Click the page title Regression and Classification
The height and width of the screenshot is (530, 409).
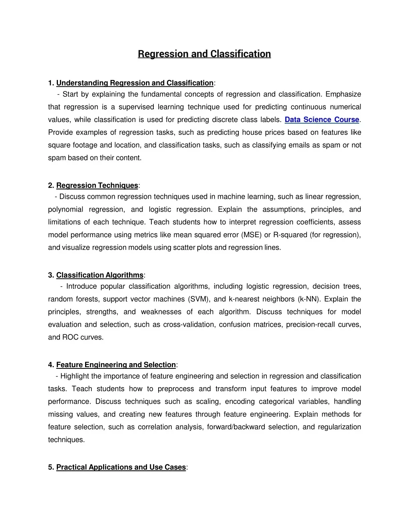[x=204, y=54]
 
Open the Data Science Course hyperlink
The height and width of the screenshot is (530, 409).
[x=322, y=120]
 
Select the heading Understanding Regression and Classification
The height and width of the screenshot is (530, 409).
[x=135, y=83]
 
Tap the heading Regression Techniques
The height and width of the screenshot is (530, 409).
[x=97, y=185]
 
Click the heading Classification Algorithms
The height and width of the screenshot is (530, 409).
[x=99, y=275]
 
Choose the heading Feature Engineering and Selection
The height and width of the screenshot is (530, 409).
[x=116, y=364]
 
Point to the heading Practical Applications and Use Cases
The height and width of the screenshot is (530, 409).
[x=121, y=467]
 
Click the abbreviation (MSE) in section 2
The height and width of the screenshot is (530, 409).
[x=251, y=235]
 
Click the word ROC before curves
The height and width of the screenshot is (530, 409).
[x=70, y=337]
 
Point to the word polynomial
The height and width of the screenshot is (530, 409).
[x=66, y=209]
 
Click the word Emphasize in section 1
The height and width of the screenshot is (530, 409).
[x=343, y=94]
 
